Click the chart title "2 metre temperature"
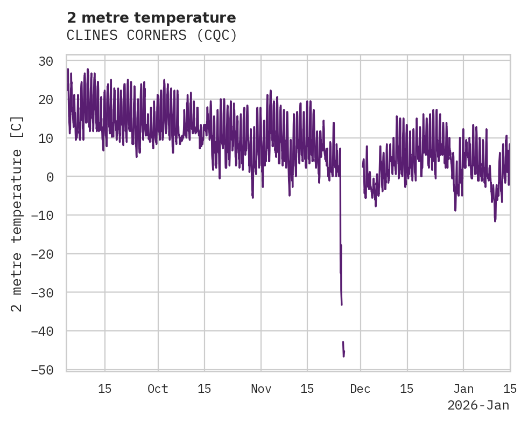point(151,18)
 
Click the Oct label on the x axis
point(158,389)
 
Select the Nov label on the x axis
point(261,389)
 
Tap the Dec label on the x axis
point(360,389)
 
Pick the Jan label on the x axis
point(463,389)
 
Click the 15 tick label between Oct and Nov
point(205,389)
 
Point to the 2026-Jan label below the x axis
point(478,405)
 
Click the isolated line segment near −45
point(343,349)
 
